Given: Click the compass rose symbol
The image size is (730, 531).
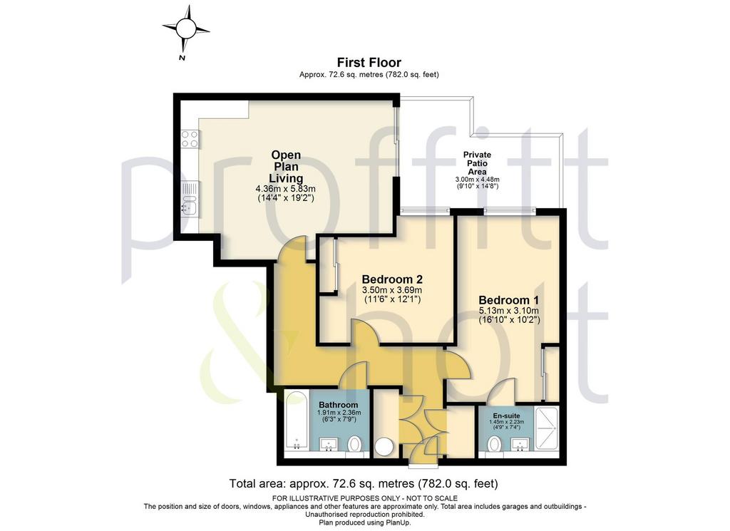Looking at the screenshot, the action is (186, 29).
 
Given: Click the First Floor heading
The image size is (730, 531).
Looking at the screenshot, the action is (369, 62).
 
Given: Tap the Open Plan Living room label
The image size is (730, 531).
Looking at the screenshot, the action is (286, 167).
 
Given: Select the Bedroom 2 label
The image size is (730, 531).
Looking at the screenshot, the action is (392, 279).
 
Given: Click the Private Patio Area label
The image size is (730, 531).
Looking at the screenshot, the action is (477, 163).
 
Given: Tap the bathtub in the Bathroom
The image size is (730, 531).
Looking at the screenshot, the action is (296, 421).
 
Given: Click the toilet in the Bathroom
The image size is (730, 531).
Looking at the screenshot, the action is (354, 443).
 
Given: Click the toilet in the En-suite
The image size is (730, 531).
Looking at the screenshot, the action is (494, 444).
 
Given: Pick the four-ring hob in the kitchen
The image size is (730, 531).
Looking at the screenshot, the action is (190, 138).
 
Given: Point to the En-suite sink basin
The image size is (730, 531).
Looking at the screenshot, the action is (520, 445).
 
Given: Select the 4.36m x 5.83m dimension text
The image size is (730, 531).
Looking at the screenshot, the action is (285, 189).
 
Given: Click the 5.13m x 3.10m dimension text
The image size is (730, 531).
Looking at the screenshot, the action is (509, 311).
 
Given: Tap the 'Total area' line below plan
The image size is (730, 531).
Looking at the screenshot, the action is (364, 483).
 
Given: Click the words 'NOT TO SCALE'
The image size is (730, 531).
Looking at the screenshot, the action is (429, 498).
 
